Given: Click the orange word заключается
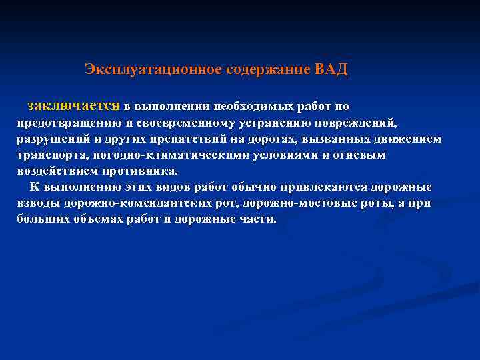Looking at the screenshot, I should (x=73, y=106).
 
